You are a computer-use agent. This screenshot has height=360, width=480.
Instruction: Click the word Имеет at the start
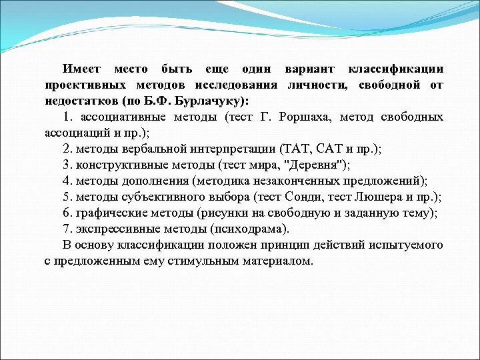81,69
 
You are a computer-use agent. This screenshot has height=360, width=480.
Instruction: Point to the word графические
110,213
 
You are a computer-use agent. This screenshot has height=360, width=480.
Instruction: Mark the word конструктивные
117,165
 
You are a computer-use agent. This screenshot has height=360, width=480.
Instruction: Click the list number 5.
67,197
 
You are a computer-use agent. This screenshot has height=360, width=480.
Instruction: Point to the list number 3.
67,165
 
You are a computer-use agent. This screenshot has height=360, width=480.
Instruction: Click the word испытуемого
407,245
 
